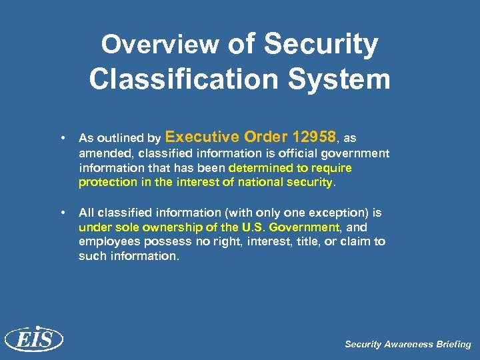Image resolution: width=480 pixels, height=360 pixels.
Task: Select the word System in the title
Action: (348, 79)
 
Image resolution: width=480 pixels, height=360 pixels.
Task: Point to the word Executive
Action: (202, 137)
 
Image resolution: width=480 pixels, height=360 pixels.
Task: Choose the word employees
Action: (109, 241)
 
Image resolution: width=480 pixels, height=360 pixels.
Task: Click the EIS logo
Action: (33, 340)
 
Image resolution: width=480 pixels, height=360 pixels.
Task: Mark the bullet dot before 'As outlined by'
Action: (62, 139)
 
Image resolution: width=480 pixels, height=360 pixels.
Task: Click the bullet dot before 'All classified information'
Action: (62, 213)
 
